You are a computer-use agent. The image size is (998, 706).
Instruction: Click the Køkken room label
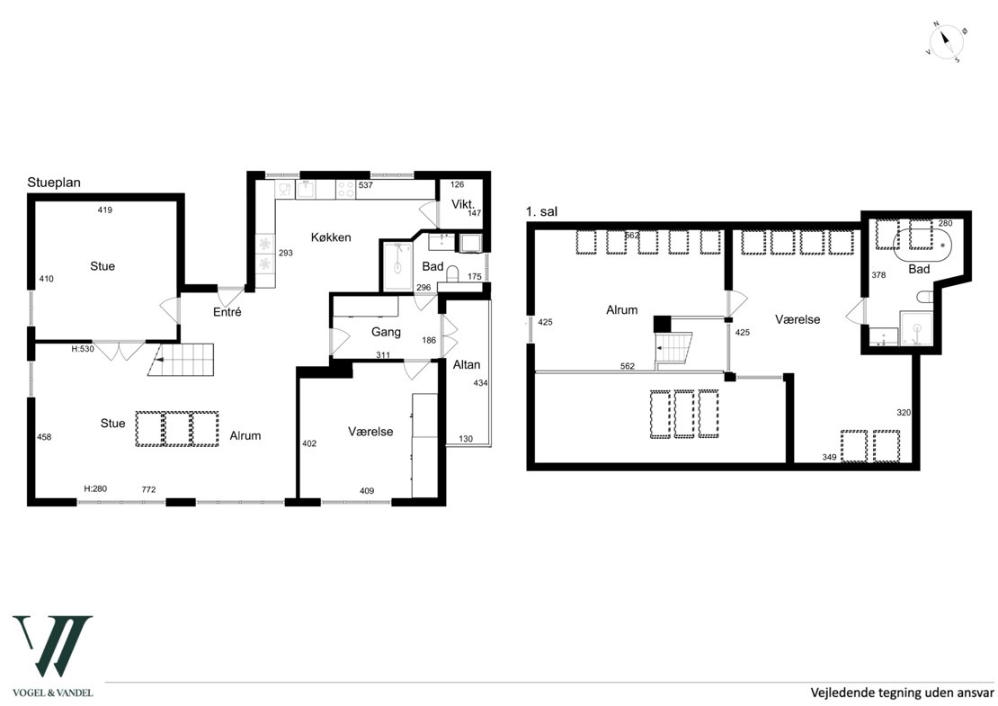click(331, 237)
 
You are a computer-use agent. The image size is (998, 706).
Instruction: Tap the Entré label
click(227, 312)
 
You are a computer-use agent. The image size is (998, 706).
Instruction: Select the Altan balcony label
click(467, 365)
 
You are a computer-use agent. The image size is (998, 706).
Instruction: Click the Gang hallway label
click(386, 332)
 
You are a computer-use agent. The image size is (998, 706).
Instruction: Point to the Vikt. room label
click(463, 204)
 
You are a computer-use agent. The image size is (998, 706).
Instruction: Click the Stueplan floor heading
click(54, 183)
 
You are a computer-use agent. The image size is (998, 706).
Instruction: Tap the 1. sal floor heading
click(541, 211)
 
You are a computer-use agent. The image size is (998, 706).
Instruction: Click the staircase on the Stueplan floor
click(181, 360)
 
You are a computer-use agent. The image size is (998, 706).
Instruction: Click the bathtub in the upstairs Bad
click(922, 245)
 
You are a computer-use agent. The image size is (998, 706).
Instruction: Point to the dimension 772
click(148, 489)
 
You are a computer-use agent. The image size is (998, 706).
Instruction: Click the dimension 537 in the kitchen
click(365, 185)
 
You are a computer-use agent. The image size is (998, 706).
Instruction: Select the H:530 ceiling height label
click(83, 349)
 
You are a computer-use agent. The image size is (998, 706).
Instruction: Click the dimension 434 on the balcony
click(480, 383)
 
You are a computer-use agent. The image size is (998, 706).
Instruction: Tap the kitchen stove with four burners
click(345, 189)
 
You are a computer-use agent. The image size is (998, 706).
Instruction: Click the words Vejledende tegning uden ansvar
click(902, 693)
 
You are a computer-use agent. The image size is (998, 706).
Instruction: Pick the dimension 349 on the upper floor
click(829, 457)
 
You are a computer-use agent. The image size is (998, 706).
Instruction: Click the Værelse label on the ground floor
click(370, 432)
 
